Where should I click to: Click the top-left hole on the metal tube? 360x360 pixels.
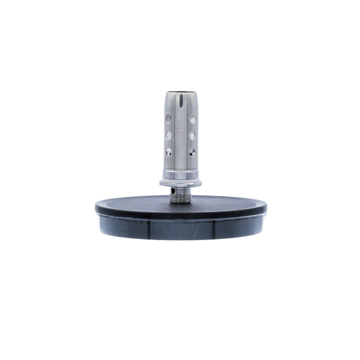pos(169,119)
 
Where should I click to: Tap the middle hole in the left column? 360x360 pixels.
pos(169,135)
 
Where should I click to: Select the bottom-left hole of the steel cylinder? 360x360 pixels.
pos(169,152)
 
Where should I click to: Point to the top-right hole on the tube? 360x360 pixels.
pos(192,119)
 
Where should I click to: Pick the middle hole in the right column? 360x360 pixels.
pos(192,135)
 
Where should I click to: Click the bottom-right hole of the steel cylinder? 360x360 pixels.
pos(192,152)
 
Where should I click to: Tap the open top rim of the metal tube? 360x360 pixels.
pos(180,93)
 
